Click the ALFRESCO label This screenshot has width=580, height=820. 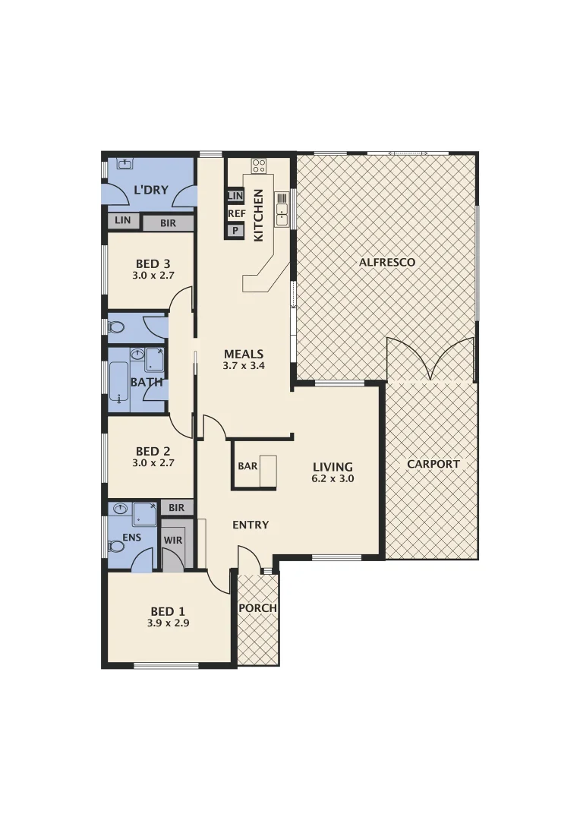tap(386, 262)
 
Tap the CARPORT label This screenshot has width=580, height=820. tap(433, 464)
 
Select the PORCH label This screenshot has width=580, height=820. tap(258, 608)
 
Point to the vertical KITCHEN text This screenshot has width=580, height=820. tap(258, 215)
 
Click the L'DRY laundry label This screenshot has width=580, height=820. tap(150, 190)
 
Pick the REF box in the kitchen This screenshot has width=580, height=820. tap(236, 213)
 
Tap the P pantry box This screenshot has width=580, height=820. tap(235, 230)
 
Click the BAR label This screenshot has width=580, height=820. tap(247, 466)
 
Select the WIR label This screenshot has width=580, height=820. tap(172, 540)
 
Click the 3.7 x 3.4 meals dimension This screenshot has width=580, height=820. tap(244, 366)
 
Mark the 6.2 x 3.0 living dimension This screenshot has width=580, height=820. tap(333, 479)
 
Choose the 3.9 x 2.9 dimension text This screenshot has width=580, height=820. tap(168, 623)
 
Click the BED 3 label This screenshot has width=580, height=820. tap(153, 264)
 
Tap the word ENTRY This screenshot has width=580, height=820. tap(251, 525)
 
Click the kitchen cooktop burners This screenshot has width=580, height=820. tap(259, 165)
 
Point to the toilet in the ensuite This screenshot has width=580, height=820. tap(116, 546)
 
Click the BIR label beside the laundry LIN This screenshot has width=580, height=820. tap(168, 223)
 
